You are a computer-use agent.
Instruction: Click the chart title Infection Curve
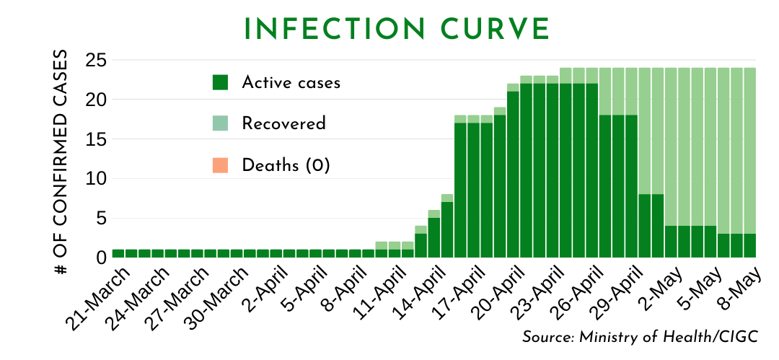pyautogui.click(x=397, y=29)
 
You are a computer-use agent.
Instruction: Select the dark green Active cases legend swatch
pyautogui.click(x=220, y=82)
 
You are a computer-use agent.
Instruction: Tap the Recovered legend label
pyautogui.click(x=283, y=123)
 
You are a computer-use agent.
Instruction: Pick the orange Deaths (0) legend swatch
pyautogui.click(x=220, y=165)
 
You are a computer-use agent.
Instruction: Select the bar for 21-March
pyautogui.click(x=118, y=253)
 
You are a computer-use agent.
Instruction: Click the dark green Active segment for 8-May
pyautogui.click(x=750, y=245)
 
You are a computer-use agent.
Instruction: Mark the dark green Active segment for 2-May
pyautogui.click(x=671, y=242)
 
